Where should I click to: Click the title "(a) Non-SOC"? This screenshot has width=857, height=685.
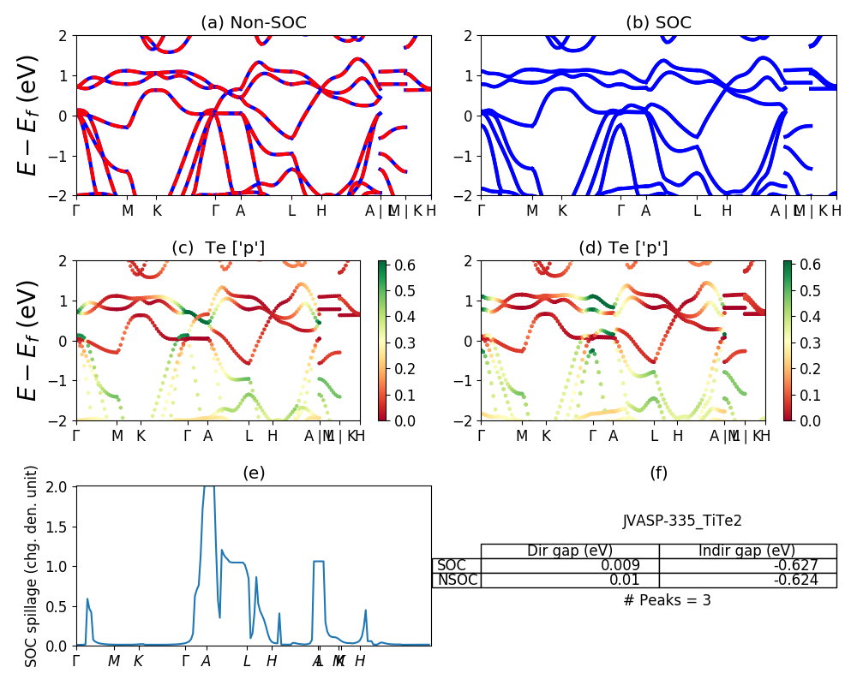pos(253,23)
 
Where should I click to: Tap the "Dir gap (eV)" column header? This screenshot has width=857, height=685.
pos(569,551)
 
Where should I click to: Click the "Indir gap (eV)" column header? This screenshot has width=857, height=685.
pos(747,551)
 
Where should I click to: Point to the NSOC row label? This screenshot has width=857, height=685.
pos(457,580)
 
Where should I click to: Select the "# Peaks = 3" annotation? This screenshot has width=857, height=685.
pos(668,600)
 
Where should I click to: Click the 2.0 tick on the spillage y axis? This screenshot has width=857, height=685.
pos(60,486)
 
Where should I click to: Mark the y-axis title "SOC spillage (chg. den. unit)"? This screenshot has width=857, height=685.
pos(32,566)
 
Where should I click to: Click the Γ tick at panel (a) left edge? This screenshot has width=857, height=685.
pos(76,211)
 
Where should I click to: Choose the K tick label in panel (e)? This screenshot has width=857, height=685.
pos(139,661)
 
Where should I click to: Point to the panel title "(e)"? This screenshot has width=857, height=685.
pos(253,473)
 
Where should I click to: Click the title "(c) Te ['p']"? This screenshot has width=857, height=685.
pos(218,248)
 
